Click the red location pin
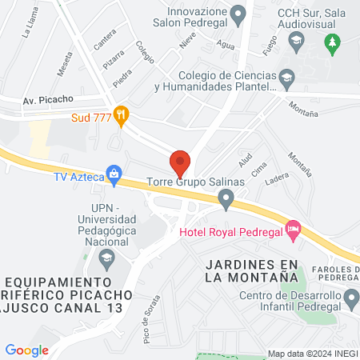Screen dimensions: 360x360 tap(180, 162)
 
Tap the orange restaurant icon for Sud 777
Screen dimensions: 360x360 tap(121, 115)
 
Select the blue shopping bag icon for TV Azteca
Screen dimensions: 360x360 tap(114, 173)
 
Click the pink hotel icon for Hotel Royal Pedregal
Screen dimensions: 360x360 tap(294, 231)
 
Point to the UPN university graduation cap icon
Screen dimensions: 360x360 tap(106, 258)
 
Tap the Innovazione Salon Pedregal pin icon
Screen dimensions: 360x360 tap(237, 14)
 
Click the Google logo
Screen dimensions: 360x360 tap(27, 350)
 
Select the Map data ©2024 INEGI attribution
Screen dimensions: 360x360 tap(312, 354)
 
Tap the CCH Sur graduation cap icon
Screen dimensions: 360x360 tap(296, 38)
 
